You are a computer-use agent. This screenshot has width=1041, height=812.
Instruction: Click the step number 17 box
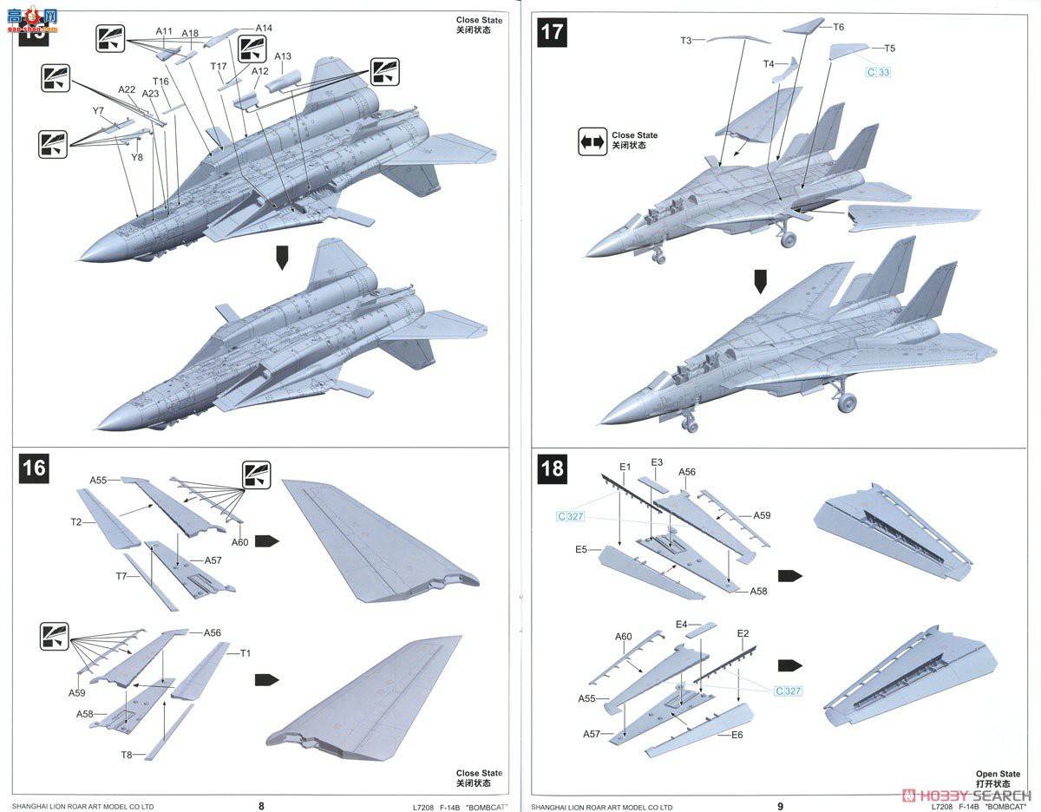[x=553, y=33]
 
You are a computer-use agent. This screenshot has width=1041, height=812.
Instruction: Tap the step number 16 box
[x=34, y=468]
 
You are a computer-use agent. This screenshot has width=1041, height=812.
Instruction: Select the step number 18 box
[x=553, y=468]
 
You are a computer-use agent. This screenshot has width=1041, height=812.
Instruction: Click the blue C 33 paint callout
[x=878, y=72]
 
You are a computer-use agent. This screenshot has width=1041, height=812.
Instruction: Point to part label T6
[x=838, y=27]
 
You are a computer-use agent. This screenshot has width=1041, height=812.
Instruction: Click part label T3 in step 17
[x=686, y=40]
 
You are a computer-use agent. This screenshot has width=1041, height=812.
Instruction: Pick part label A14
[x=264, y=28]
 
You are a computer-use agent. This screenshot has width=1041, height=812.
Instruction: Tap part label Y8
[x=137, y=157]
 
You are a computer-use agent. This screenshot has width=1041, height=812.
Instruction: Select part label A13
[x=283, y=56]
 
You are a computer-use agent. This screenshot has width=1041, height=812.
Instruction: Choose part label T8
[x=127, y=755]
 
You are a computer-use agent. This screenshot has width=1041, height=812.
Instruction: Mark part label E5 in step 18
[x=580, y=549]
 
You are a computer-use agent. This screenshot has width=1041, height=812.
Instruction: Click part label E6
[x=737, y=735]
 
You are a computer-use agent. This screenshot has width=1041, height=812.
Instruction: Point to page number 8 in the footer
[x=261, y=804]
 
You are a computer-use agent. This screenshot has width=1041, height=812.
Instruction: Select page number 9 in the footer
[x=780, y=804]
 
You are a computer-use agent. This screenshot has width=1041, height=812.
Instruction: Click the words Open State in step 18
[x=998, y=773]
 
